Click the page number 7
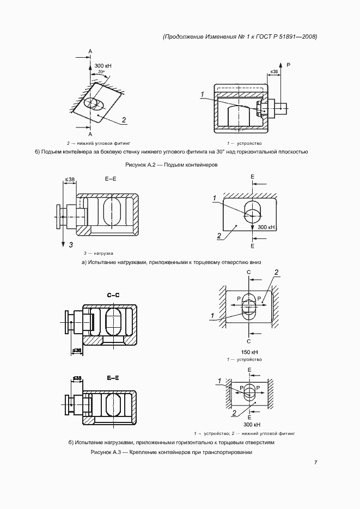(x=316, y=462)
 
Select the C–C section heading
(x=114, y=296)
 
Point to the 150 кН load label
(x=248, y=352)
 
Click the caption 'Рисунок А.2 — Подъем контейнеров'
(x=171, y=165)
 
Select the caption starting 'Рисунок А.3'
(x=172, y=452)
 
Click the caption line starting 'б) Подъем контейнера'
(x=172, y=152)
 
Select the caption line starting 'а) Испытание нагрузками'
(x=172, y=262)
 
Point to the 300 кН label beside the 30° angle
(x=103, y=65)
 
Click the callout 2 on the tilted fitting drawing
(x=124, y=120)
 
